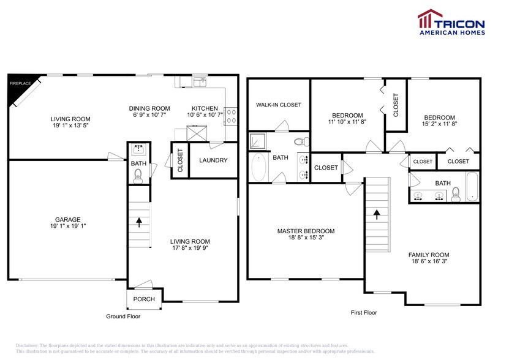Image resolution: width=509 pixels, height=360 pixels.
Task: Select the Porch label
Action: (x=144, y=299)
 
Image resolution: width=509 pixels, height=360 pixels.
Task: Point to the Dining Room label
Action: (x=149, y=108)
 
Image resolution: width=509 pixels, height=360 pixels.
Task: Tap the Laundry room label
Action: (x=213, y=160)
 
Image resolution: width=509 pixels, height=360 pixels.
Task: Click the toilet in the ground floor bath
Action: (x=138, y=176)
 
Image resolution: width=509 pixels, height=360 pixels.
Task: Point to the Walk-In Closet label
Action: (x=278, y=105)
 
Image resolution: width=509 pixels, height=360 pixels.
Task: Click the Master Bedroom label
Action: (x=306, y=231)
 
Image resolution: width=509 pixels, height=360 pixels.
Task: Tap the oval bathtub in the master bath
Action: (x=258, y=167)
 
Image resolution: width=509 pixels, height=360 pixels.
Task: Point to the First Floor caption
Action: (x=363, y=312)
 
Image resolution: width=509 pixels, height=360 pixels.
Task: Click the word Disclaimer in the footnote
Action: (x=27, y=346)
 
